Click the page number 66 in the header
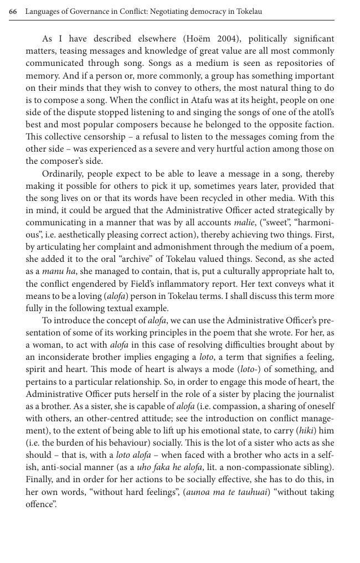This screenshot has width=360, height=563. point(13,12)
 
